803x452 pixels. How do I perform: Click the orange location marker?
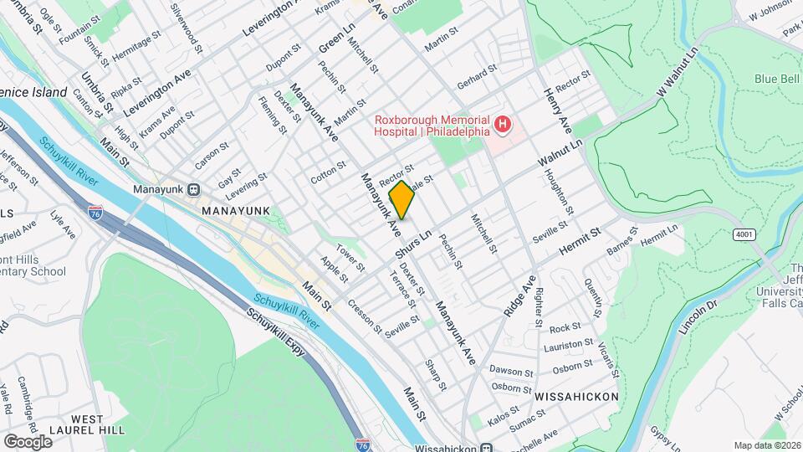point(401,200)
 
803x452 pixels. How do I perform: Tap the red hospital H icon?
point(503,126)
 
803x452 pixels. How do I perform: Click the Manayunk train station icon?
point(193,189)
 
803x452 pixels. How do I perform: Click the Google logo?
point(28,441)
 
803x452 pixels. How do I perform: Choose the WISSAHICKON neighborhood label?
point(576,396)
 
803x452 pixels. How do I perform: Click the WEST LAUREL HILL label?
point(98,424)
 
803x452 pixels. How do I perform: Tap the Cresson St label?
point(366,316)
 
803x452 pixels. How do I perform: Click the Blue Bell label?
point(778,80)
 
